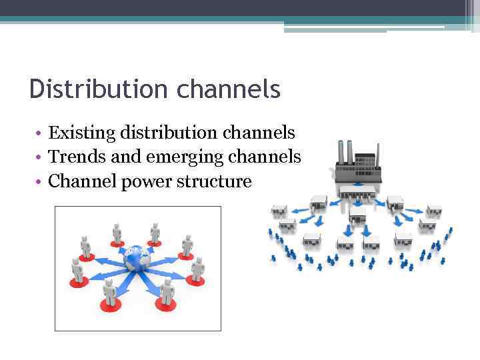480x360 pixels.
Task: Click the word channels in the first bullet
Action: click(259, 132)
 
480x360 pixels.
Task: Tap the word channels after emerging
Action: click(265, 157)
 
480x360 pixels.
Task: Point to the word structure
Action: click(213, 181)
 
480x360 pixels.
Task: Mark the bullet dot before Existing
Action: click(40, 133)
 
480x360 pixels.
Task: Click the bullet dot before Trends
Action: click(40, 157)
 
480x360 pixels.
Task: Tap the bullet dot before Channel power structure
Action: click(40, 181)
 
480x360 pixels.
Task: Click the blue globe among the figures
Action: click(137, 257)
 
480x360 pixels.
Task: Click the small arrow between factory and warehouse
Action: click(357, 201)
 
